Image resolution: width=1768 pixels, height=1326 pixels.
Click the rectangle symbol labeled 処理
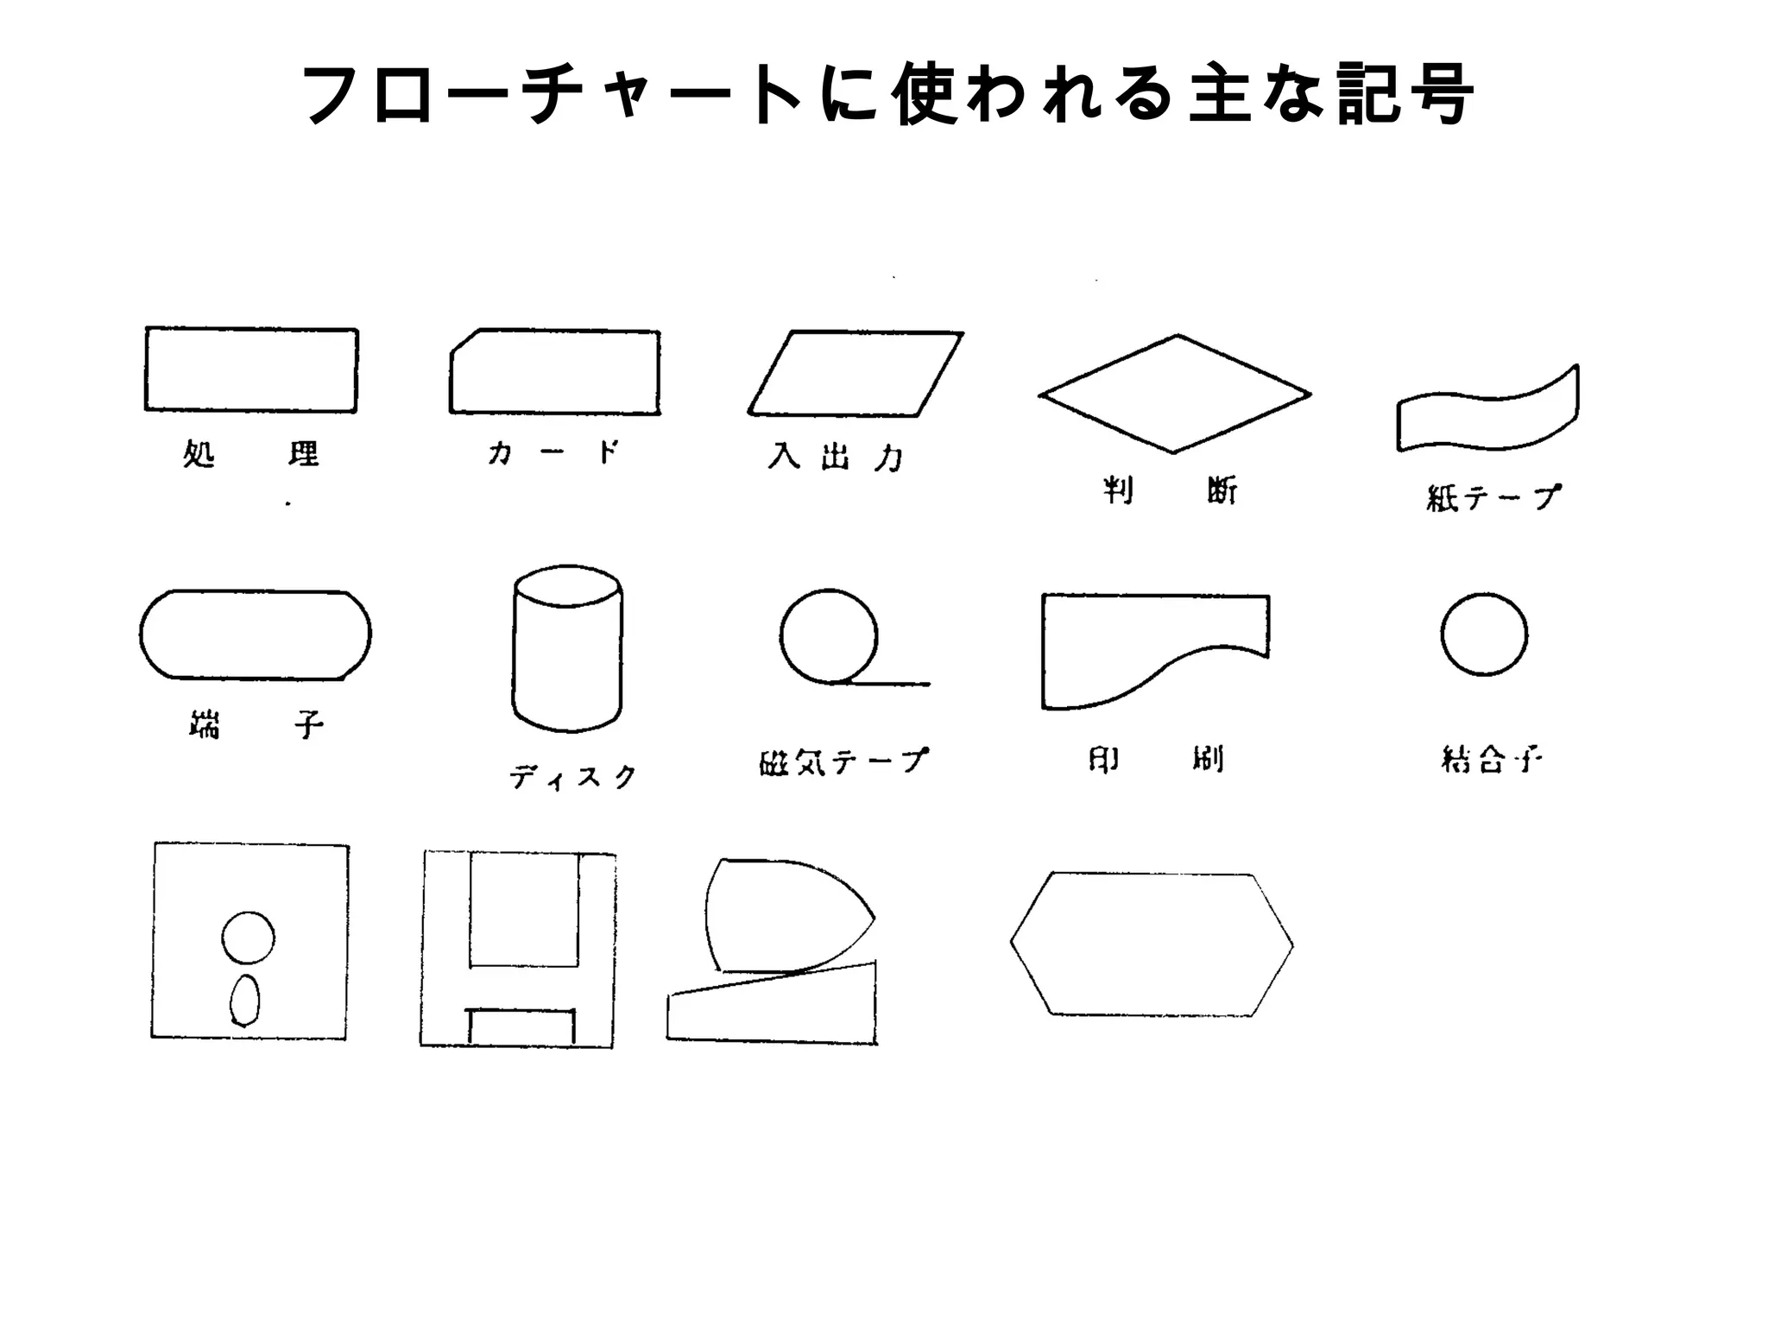[x=251, y=369]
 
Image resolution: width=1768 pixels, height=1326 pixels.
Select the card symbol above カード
[x=555, y=372]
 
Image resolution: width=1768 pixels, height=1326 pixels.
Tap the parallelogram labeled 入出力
[x=856, y=373]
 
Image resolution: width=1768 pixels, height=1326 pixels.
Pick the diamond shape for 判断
[x=1175, y=394]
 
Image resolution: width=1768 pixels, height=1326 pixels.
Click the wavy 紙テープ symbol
[x=1487, y=412]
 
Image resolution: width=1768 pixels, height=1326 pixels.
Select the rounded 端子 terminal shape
[x=256, y=635]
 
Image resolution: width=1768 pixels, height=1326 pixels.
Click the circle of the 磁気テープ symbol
[x=829, y=637]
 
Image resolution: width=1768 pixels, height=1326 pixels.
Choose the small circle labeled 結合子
[x=1484, y=635]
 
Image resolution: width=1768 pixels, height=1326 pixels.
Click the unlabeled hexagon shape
[x=1152, y=944]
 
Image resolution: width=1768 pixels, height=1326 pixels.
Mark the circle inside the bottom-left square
[x=249, y=938]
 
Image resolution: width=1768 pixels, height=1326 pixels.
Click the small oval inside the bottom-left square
[x=245, y=1000]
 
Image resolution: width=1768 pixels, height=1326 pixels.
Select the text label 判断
[x=1170, y=491]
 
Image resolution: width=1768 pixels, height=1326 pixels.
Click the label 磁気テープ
[x=843, y=761]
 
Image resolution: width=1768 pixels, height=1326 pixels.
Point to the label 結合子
[x=1491, y=760]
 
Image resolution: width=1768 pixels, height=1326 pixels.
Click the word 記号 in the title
[x=1403, y=95]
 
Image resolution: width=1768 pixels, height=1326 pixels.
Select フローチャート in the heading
[x=552, y=95]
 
